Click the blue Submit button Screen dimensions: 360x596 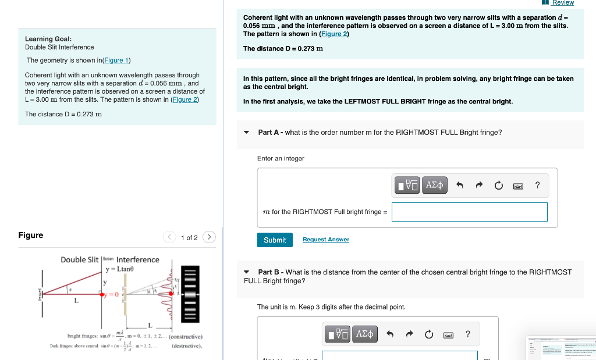[274, 240]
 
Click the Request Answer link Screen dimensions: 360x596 [325, 240]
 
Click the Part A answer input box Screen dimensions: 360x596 [469, 212]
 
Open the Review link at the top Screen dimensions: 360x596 [562, 3]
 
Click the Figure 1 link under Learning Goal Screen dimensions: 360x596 [117, 60]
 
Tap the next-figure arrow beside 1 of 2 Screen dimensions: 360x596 [210, 237]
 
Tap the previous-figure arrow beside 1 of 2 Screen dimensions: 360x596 [169, 237]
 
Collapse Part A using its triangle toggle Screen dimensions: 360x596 [247, 133]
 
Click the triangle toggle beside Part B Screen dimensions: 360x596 [247, 272]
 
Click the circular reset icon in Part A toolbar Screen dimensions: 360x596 [498, 186]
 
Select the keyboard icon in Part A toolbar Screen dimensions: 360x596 [517, 186]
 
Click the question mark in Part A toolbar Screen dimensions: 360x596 [537, 186]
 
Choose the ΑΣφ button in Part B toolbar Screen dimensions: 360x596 [364, 334]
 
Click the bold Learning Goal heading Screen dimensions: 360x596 [48, 38]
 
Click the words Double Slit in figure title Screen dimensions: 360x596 [80, 259]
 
